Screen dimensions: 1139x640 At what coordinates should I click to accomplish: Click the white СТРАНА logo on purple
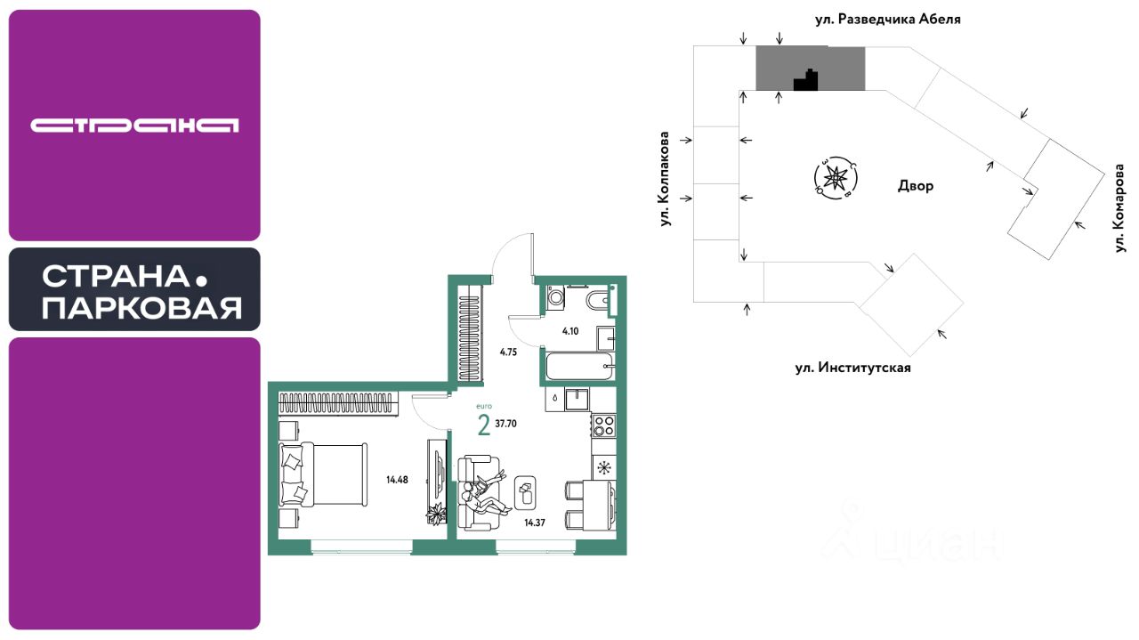(x=134, y=126)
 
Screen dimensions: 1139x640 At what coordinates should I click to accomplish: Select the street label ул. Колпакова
(x=664, y=179)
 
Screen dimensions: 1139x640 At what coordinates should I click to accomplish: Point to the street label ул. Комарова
(x=1120, y=207)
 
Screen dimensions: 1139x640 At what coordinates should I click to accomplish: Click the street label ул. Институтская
(x=853, y=368)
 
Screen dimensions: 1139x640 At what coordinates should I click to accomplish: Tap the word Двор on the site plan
(x=916, y=187)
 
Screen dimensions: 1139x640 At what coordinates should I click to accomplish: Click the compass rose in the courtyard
(x=836, y=177)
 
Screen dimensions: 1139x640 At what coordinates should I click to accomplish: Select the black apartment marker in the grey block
(x=806, y=81)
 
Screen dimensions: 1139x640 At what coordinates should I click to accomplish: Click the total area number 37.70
(x=506, y=424)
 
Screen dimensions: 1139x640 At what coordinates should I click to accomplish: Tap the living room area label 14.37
(x=534, y=523)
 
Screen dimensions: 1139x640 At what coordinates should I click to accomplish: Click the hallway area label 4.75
(x=508, y=352)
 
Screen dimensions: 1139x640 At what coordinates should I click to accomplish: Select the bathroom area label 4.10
(x=569, y=331)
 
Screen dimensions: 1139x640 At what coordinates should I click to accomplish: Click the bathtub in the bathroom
(x=578, y=365)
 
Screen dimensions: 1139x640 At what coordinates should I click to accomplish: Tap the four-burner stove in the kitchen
(x=604, y=425)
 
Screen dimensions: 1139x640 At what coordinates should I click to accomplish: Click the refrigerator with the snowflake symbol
(x=604, y=467)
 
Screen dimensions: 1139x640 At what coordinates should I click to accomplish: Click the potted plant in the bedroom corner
(x=435, y=514)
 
